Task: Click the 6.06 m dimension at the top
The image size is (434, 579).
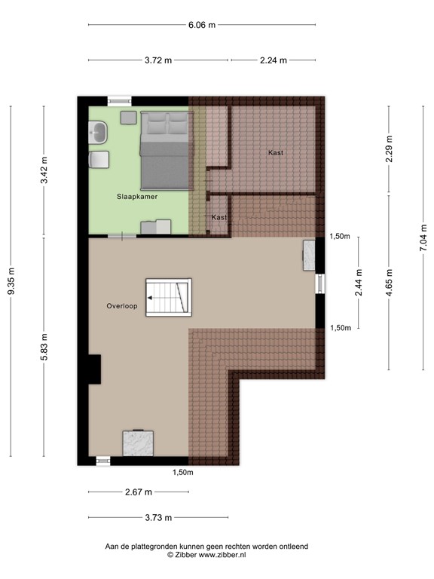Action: [202, 25]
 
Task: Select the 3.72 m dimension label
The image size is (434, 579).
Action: [159, 60]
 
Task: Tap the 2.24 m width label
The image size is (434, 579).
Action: [273, 60]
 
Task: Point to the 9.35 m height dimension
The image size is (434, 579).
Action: [11, 281]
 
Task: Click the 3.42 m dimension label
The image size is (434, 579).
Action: [44, 170]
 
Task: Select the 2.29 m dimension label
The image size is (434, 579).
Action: [389, 148]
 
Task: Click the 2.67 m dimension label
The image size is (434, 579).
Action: [138, 492]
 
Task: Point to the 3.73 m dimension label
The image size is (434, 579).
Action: [158, 517]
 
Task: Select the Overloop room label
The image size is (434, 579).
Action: [121, 306]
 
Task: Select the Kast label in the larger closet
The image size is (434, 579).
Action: [276, 153]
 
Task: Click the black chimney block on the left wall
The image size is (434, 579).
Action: [93, 369]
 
